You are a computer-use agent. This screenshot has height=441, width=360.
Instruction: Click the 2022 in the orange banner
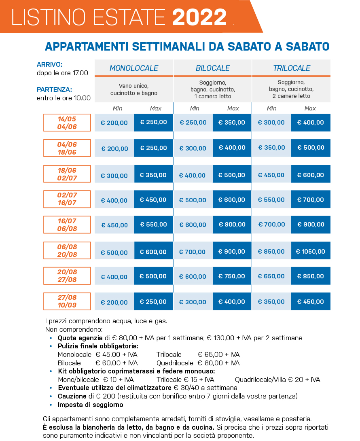tap(199, 17)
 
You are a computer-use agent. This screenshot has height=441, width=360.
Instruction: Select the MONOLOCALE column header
tap(134, 68)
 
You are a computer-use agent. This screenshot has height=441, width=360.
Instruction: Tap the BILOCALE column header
tap(213, 68)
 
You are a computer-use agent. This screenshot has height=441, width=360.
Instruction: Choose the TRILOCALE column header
tap(292, 68)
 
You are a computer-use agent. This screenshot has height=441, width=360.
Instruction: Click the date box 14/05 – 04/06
tap(67, 123)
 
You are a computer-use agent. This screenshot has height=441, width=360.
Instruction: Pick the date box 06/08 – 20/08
tap(67, 250)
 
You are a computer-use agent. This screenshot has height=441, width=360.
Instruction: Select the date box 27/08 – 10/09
tap(67, 301)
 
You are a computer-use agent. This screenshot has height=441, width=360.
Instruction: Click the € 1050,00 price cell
tap(311, 251)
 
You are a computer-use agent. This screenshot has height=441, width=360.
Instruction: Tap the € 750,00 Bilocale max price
tap(232, 276)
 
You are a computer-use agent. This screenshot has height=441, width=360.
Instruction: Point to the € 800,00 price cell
tap(232, 225)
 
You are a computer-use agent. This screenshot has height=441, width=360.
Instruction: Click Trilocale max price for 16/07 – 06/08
tap(311, 225)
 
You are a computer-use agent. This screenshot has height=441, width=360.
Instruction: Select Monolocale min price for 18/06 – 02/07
tap(114, 176)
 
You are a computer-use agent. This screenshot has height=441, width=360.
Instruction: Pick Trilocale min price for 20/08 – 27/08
tap(271, 276)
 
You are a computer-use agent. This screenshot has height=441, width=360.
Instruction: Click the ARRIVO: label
tap(49, 64)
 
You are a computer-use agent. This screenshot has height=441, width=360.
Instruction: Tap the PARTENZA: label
tap(54, 89)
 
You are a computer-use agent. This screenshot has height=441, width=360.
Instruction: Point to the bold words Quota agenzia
tap(80, 338)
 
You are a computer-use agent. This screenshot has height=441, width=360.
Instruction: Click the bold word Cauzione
tap(72, 396)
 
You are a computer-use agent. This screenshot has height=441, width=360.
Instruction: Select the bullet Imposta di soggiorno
tap(90, 405)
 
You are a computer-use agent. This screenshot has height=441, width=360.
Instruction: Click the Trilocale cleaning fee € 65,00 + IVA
tap(219, 354)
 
